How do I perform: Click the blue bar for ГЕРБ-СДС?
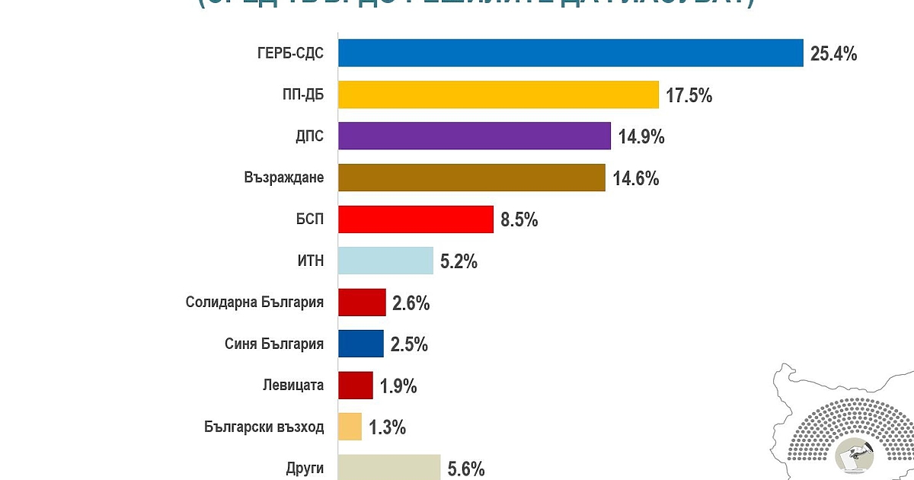[x=570, y=53]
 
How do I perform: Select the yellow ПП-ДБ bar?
[x=498, y=95]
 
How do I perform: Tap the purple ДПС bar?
[x=474, y=136]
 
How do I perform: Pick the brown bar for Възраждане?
[x=471, y=178]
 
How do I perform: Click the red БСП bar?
[x=415, y=219]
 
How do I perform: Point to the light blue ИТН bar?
[x=385, y=261]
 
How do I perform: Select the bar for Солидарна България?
[x=362, y=302]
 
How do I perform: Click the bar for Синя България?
[x=361, y=344]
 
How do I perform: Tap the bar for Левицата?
[x=356, y=386]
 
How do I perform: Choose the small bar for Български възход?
[x=350, y=427]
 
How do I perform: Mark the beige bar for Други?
[x=389, y=466]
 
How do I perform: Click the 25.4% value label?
[x=833, y=54]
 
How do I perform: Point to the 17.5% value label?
[x=689, y=96]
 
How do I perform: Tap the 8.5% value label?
[x=519, y=220]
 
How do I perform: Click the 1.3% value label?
[x=387, y=427]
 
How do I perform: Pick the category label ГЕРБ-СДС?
[x=291, y=54]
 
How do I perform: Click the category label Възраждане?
[x=284, y=178]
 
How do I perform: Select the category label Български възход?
[x=264, y=427]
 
